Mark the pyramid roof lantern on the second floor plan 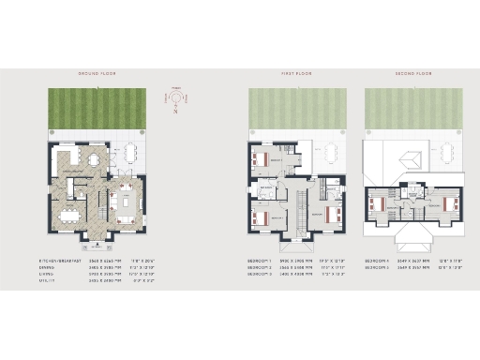(x=410, y=158)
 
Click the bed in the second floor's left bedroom (x=380, y=202)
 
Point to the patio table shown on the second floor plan (x=442, y=156)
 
